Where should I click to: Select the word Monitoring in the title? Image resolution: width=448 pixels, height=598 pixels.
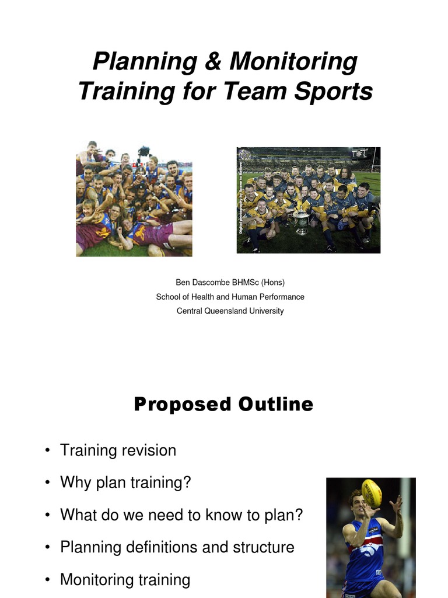[x=293, y=62]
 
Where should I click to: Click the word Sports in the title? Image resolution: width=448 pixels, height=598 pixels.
[x=339, y=92]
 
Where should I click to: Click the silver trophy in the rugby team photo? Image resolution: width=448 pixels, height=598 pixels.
[x=301, y=221]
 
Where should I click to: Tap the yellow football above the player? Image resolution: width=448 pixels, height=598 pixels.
[x=371, y=493]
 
